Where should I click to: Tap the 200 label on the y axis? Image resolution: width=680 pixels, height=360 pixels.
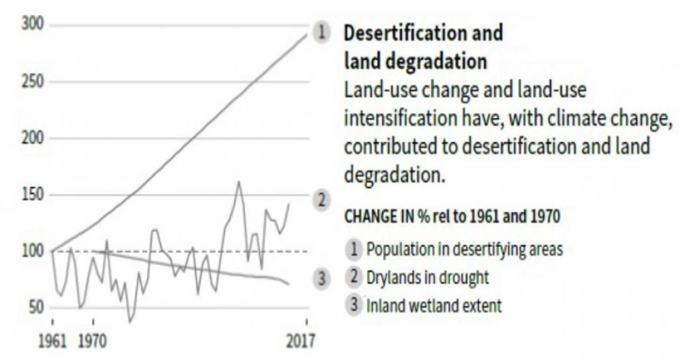tap(33, 139)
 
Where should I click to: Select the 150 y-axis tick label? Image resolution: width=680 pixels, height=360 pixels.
tap(33, 195)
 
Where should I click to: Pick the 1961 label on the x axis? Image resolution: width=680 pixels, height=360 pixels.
tap(53, 341)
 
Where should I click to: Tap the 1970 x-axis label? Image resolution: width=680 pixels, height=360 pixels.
tap(93, 341)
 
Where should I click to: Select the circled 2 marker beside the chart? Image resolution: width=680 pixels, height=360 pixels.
tap(322, 199)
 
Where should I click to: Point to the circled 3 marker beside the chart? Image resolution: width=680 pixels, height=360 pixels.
tap(322, 279)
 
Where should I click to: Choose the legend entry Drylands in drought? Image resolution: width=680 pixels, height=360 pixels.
tap(427, 278)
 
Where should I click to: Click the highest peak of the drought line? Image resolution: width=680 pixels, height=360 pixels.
tap(239, 181)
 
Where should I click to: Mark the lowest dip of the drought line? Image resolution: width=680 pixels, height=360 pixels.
tap(130, 322)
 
